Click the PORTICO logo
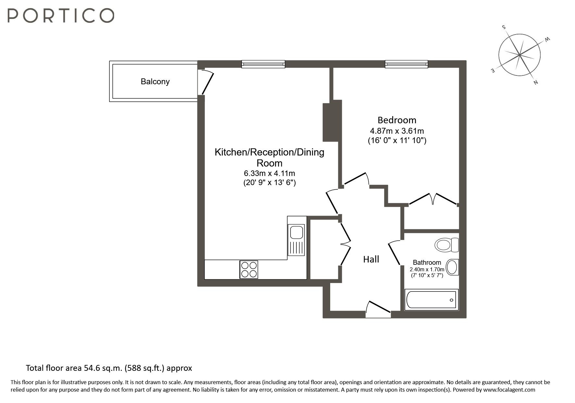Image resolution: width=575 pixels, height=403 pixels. [x=61, y=15]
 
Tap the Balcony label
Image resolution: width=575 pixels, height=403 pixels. [x=155, y=81]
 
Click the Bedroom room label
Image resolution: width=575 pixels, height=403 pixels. [x=397, y=120]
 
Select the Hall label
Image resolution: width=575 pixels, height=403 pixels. [x=371, y=259]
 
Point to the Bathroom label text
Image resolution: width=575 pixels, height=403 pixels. [x=427, y=262]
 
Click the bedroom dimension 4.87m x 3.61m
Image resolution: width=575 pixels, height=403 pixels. [x=397, y=131]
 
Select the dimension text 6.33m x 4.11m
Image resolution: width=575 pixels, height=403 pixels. [x=269, y=173]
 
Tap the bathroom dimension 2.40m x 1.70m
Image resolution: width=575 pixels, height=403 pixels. [x=427, y=269]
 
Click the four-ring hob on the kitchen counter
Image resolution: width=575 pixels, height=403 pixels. [x=249, y=269]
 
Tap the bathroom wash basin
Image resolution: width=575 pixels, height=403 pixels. [x=452, y=267]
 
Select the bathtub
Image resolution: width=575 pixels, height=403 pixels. [x=431, y=300]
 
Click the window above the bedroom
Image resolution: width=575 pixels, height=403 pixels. [x=406, y=64]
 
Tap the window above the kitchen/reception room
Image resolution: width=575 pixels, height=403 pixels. [x=263, y=64]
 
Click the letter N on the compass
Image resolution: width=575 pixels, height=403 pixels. [x=536, y=82]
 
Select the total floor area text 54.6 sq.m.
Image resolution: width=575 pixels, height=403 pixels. [x=109, y=368]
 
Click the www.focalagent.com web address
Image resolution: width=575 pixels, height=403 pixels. [x=509, y=390]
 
